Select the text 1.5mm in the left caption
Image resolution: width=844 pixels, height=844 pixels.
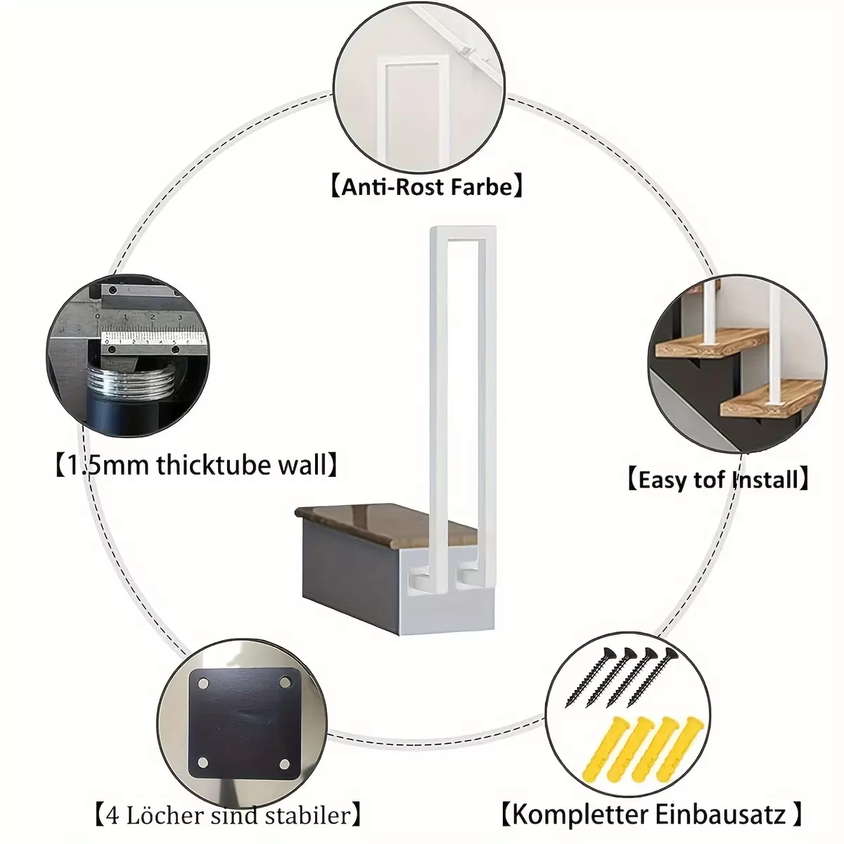108,465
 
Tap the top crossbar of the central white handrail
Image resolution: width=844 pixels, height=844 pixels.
463,233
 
